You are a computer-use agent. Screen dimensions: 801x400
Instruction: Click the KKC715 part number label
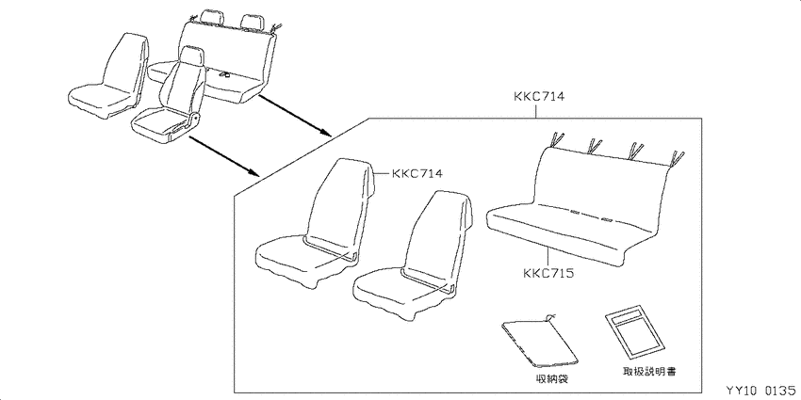(548, 274)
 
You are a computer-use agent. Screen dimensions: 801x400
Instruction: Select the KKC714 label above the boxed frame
(538, 96)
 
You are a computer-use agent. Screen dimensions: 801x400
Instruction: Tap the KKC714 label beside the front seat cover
(417, 173)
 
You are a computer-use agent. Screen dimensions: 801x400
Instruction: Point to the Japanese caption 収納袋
(549, 378)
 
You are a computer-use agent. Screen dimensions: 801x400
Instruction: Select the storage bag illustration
(539, 341)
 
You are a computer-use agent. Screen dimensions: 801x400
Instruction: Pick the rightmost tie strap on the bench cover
(677, 159)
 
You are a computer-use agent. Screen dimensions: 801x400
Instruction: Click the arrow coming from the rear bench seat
(295, 116)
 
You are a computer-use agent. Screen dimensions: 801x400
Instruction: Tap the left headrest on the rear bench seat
(212, 16)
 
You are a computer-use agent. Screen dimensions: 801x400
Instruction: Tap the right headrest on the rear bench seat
(252, 22)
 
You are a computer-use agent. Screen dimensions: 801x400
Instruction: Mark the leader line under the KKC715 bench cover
(548, 257)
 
